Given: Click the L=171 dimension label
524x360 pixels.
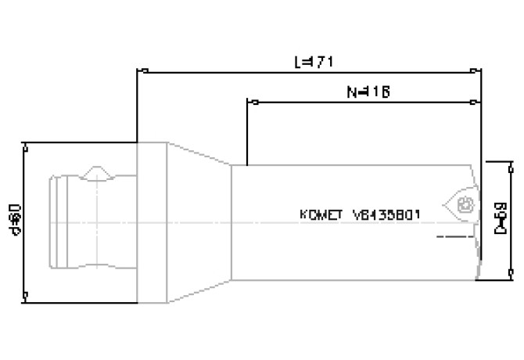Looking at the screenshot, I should click(310, 61).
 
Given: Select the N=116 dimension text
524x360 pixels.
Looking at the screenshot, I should click(367, 92).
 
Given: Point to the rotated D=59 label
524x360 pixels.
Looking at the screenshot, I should click(501, 220).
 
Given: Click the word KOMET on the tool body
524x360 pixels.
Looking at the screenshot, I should click(321, 214).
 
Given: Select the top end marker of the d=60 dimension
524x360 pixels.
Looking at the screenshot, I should click(27, 145).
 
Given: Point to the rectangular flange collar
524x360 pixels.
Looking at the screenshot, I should click(151, 221).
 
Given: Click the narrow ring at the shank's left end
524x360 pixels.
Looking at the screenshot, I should click(53, 221).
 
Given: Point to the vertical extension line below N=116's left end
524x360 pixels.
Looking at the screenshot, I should click(247, 133).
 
